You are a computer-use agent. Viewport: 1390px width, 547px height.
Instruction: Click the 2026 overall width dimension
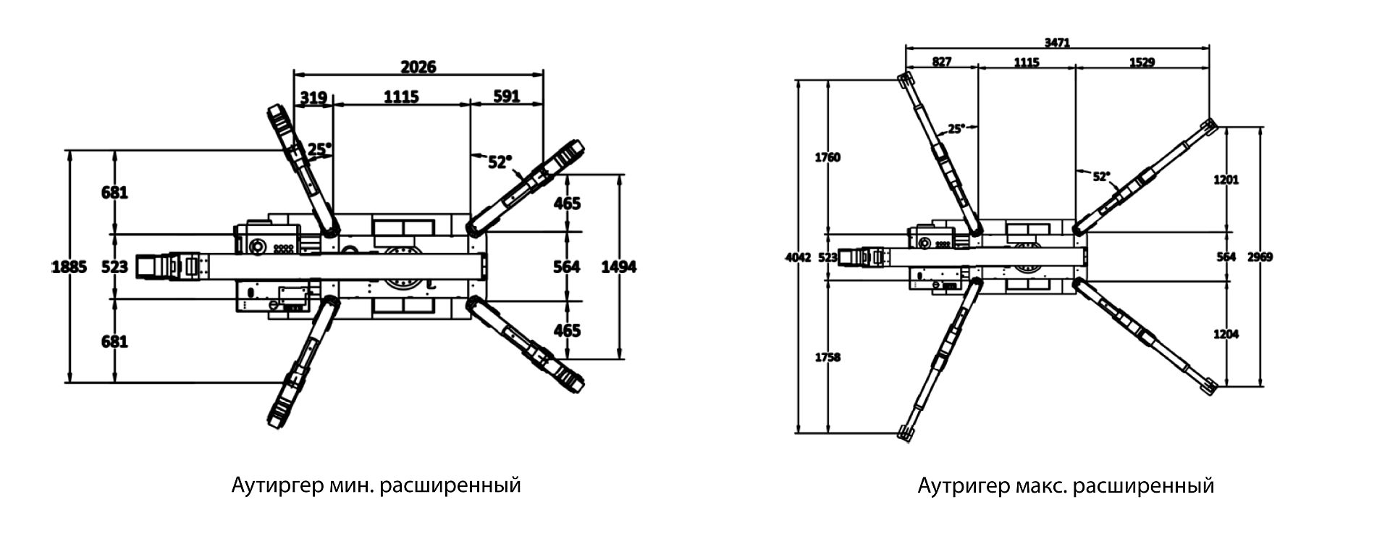pos(418,67)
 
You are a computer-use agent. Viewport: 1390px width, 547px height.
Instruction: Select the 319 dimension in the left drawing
pos(313,96)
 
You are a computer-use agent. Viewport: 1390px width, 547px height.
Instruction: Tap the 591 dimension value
pos(506,96)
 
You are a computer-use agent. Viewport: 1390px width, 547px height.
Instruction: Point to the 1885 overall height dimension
pos(69,267)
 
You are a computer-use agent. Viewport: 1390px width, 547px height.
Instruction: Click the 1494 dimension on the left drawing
pos(619,267)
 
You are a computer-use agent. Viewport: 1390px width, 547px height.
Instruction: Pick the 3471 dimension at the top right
pos(1057,43)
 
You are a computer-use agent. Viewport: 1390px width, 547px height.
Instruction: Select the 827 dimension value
pos(941,62)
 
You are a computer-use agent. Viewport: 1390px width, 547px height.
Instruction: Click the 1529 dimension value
pos(1142,62)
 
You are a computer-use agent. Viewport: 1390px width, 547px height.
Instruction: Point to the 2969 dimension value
pos(1260,257)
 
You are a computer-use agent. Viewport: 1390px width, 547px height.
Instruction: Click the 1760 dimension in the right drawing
pos(827,157)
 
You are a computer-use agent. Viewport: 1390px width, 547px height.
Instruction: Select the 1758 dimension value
pos(827,357)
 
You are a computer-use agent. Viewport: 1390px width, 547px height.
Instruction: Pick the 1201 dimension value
pos(1226,179)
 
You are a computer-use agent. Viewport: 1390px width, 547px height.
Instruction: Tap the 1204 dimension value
pos(1226,334)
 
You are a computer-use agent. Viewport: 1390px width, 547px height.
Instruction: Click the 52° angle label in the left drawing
pos(500,162)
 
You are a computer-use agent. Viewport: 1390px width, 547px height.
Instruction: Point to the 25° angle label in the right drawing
pos(956,128)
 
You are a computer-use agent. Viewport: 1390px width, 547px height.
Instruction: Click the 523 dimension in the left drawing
pos(114,267)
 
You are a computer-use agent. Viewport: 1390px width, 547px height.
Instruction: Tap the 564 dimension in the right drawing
pos(1226,257)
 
